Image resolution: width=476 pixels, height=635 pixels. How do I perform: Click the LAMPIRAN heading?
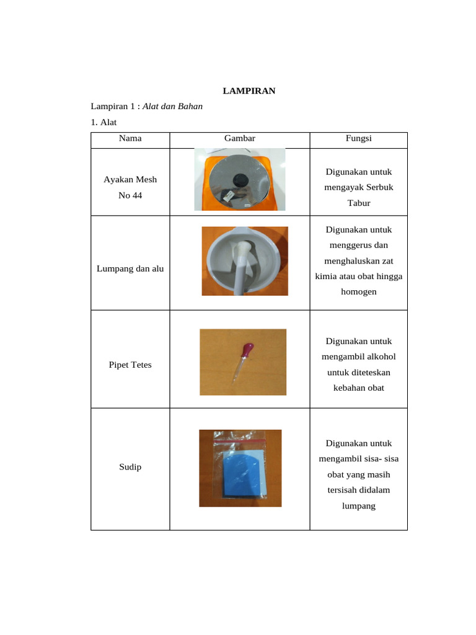pyautogui.click(x=249, y=91)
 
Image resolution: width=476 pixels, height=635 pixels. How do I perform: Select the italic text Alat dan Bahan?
pyautogui.click(x=172, y=107)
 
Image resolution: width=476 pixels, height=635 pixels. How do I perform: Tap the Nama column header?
pyautogui.click(x=130, y=138)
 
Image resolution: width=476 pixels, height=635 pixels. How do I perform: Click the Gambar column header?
pyautogui.click(x=240, y=138)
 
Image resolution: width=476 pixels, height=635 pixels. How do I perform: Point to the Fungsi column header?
pyautogui.click(x=358, y=138)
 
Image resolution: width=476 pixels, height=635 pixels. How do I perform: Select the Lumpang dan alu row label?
pyautogui.click(x=130, y=269)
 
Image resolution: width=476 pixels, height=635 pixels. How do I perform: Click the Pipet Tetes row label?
pyautogui.click(x=130, y=365)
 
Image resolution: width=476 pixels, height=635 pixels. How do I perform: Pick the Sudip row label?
pyautogui.click(x=130, y=467)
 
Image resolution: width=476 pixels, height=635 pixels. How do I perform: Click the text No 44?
pyautogui.click(x=130, y=195)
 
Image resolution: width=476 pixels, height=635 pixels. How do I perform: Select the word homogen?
pyautogui.click(x=358, y=291)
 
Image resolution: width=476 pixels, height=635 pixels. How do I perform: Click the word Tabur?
pyautogui.click(x=358, y=203)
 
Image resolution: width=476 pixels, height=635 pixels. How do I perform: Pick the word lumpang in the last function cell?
pyautogui.click(x=358, y=506)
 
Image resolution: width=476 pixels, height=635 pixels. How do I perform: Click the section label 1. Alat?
pyautogui.click(x=104, y=122)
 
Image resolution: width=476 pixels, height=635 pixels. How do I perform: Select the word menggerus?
pyautogui.click(x=358, y=245)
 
